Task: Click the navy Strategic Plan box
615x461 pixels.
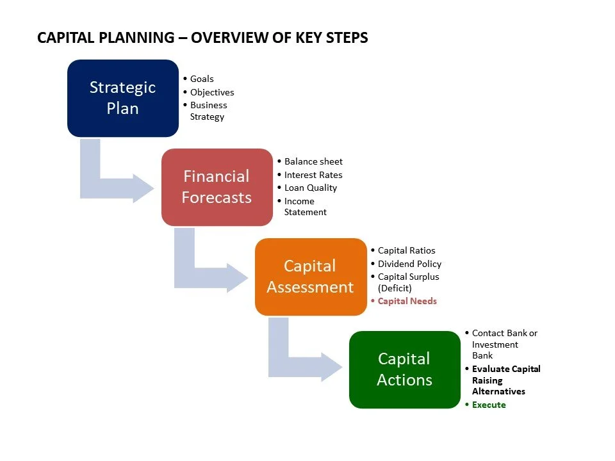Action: click(122, 98)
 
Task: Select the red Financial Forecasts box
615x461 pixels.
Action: click(217, 187)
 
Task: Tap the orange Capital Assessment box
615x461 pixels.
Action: click(311, 277)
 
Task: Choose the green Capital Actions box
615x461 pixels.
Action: click(404, 369)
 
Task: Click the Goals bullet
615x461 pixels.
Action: click(202, 79)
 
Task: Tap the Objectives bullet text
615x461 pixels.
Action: click(212, 92)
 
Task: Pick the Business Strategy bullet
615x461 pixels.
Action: click(208, 111)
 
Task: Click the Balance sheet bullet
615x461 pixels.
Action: click(313, 161)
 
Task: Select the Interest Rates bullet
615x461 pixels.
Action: click(313, 175)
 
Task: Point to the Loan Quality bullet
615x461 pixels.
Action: click(310, 188)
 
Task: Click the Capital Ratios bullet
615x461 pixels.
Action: click(406, 250)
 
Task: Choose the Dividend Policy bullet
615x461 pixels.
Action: click(409, 264)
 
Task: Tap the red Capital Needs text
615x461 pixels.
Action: click(407, 301)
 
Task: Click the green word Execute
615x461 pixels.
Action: click(489, 405)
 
